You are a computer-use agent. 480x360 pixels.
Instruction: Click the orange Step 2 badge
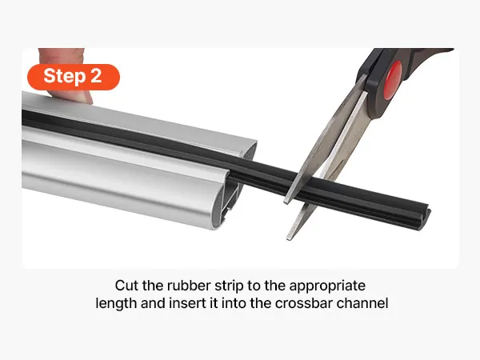74,77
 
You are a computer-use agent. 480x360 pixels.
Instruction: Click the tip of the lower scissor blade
289,238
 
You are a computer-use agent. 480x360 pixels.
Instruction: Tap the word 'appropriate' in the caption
327,286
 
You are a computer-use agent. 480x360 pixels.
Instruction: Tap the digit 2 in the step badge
96,76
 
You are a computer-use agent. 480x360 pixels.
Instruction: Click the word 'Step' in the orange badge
64,76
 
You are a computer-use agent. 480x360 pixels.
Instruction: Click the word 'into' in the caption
234,303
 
